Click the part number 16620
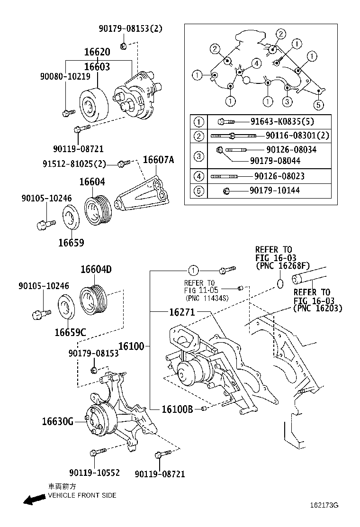point(97,52)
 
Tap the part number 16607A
point(158,160)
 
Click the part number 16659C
point(70,332)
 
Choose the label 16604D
point(96,270)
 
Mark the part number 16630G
point(57,421)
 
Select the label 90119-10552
point(94,473)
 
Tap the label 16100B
point(177,409)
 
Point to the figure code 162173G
point(324,505)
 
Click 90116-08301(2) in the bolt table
point(297,136)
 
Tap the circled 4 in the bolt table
point(199,176)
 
